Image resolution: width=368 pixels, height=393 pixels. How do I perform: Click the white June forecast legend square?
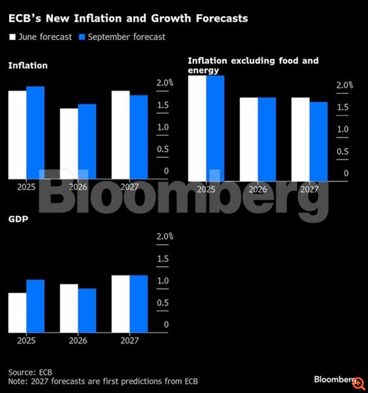point(11,37)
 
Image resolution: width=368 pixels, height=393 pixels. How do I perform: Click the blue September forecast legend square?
point(82,37)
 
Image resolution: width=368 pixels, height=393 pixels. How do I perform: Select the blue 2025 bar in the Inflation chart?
point(35,132)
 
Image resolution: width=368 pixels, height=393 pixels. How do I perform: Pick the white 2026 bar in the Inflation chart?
point(69,143)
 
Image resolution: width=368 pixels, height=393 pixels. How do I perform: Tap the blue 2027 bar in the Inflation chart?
point(139,137)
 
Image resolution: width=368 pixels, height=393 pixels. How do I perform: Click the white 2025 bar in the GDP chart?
point(17,312)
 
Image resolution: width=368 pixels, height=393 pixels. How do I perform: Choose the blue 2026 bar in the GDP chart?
point(87,310)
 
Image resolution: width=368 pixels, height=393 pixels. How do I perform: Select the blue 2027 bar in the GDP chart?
point(139,304)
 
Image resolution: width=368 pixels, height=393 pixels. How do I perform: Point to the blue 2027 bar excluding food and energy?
point(319,141)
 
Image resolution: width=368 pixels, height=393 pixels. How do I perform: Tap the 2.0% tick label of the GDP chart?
point(165,237)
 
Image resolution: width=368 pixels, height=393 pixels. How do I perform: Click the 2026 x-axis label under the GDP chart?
point(78,341)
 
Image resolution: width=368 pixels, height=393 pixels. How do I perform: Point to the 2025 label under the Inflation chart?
point(26,187)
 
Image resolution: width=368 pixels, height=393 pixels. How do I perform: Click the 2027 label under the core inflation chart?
point(310,190)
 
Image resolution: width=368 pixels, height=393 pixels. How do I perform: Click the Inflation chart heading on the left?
point(28,66)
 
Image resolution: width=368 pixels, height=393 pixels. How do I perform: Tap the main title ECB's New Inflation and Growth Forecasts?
point(128,18)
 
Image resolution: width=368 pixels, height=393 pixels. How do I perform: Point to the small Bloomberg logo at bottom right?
point(333,379)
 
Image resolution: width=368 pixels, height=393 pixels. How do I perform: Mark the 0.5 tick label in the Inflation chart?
point(163,149)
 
